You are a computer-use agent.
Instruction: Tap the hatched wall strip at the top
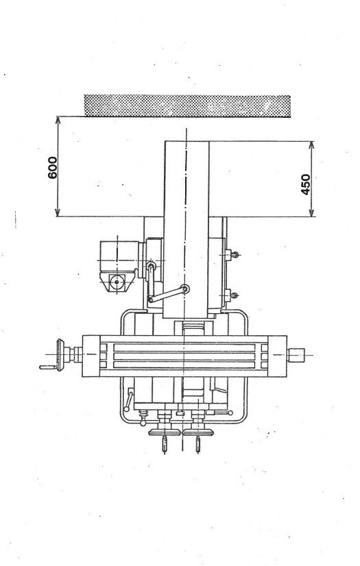click(x=187, y=105)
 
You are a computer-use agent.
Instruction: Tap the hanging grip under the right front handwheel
click(x=198, y=445)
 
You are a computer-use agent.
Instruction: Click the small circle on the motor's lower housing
click(x=117, y=281)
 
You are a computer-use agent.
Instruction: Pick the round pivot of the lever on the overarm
click(x=184, y=291)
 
